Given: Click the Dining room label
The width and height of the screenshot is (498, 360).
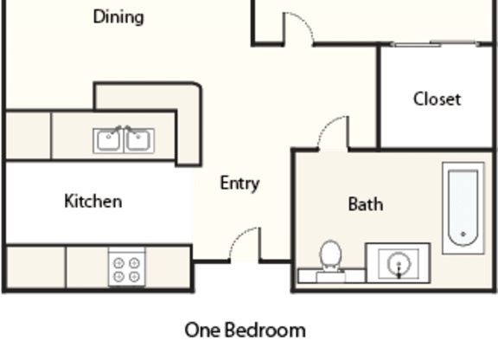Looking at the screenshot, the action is tap(118, 16).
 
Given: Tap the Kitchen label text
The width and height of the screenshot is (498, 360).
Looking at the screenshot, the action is tap(93, 201).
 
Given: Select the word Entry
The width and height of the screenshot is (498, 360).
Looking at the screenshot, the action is tap(240, 183).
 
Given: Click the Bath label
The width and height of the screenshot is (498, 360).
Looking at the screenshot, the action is tap(366, 204).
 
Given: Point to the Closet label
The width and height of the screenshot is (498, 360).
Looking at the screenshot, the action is tap(437, 99).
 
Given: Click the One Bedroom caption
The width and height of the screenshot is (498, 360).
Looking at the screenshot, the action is tap(246, 330).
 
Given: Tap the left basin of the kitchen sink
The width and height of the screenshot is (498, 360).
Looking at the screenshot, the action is tap(108, 140).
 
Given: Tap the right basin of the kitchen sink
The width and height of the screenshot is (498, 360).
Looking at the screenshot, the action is tap(137, 140).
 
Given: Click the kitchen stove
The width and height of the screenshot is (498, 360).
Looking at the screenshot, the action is tap(127, 267).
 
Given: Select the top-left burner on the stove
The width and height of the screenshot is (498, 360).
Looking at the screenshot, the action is tap(118, 263).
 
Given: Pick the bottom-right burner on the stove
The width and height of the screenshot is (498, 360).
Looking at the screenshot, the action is tap(135, 277).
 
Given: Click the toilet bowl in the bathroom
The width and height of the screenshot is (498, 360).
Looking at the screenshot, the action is tap(330, 254).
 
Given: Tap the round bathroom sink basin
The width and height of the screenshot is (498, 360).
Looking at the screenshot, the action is tap(399, 264).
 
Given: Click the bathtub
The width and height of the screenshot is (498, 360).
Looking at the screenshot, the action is tap(463, 209).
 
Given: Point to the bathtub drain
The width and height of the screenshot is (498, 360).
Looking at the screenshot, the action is tap(463, 235).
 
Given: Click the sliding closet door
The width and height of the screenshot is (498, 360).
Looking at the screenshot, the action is tap(435, 44).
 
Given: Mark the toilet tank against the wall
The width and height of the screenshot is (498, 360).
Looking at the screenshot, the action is tap(331, 276).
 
